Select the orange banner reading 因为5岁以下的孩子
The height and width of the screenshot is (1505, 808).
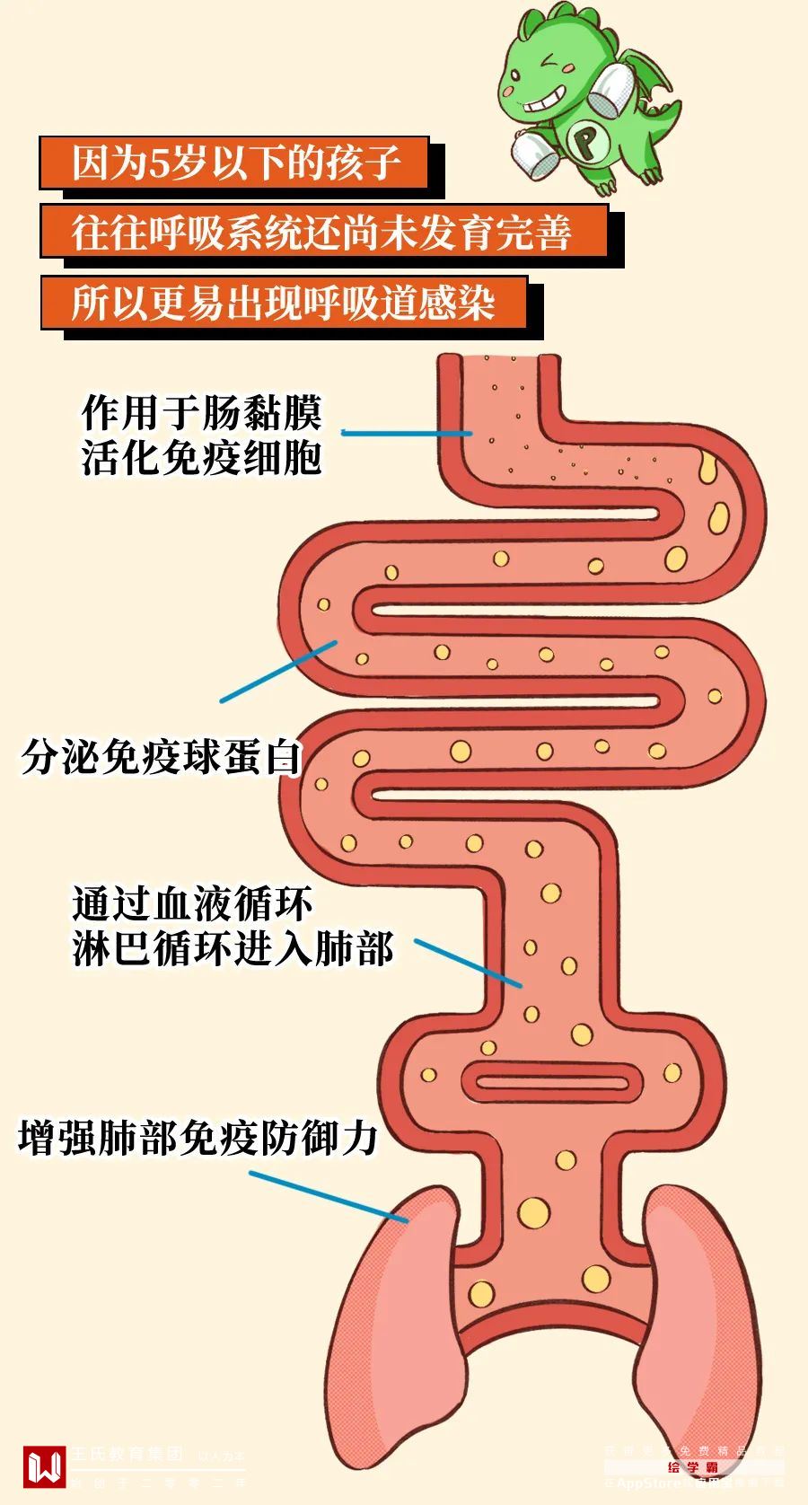click(233, 163)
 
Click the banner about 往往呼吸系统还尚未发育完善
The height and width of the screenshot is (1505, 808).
click(323, 232)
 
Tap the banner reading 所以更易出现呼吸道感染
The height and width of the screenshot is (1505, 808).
click(283, 303)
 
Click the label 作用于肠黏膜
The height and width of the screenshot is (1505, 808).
click(201, 413)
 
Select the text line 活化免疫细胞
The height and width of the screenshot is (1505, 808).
click(201, 458)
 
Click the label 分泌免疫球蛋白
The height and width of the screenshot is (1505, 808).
click(160, 757)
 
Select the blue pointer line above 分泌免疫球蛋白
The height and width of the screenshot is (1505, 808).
click(278, 672)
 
